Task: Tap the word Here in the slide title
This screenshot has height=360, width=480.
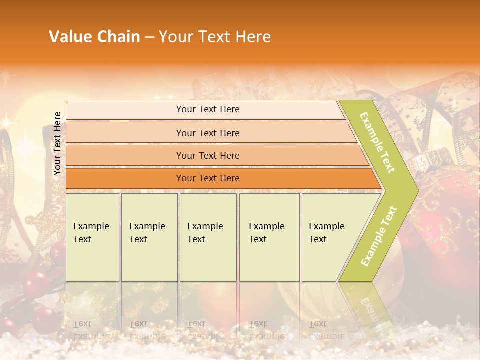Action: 252,37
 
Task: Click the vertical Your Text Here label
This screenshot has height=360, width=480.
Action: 57,143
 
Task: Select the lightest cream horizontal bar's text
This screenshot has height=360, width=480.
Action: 208,109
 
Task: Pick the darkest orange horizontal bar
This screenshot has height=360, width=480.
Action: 208,178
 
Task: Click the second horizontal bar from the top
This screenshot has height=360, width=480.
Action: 208,133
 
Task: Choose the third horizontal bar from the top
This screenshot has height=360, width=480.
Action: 208,156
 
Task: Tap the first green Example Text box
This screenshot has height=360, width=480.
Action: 92,237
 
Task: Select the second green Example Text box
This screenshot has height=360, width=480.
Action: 149,237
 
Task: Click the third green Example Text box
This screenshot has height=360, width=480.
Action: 208,237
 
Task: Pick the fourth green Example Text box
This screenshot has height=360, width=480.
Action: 269,237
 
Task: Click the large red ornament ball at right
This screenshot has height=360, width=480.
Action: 445,225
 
